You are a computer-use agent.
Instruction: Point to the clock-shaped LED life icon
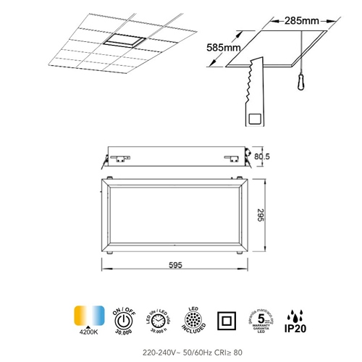click(x=157, y=319)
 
